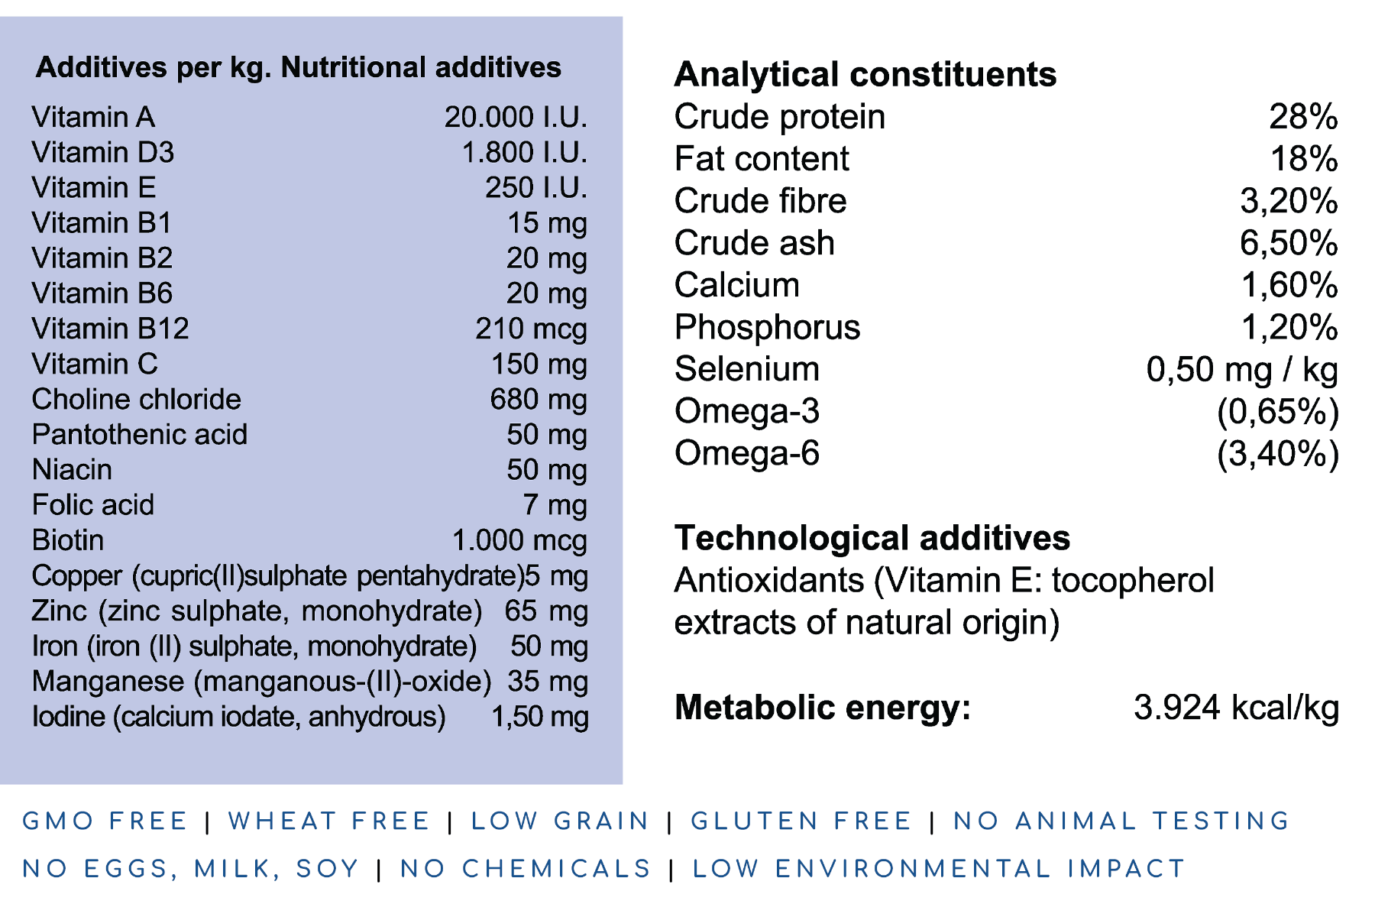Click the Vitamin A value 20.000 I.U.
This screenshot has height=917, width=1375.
[516, 118]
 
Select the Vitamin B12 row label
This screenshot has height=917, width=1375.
[110, 329]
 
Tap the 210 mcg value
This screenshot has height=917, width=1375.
[531, 329]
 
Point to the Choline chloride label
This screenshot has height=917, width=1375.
[136, 400]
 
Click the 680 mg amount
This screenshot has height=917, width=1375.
[539, 400]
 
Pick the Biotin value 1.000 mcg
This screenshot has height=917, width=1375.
[519, 540]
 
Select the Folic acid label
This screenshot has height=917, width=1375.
[92, 505]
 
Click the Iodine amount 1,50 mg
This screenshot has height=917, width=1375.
[539, 717]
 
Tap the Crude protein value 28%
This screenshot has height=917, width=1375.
[1302, 117]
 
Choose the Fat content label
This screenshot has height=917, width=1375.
[761, 159]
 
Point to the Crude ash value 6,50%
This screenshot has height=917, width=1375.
[1288, 243]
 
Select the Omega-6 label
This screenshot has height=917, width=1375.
[746, 453]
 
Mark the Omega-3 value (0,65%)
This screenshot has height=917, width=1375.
[1277, 412]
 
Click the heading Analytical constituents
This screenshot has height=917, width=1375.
[865, 75]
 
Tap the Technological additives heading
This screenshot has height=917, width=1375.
[872, 538]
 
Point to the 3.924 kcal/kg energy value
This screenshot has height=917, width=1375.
[1235, 708]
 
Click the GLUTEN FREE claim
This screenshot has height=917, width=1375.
[801, 821]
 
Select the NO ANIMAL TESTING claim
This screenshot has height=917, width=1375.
[1121, 821]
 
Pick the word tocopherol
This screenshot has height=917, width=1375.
[1132, 581]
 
